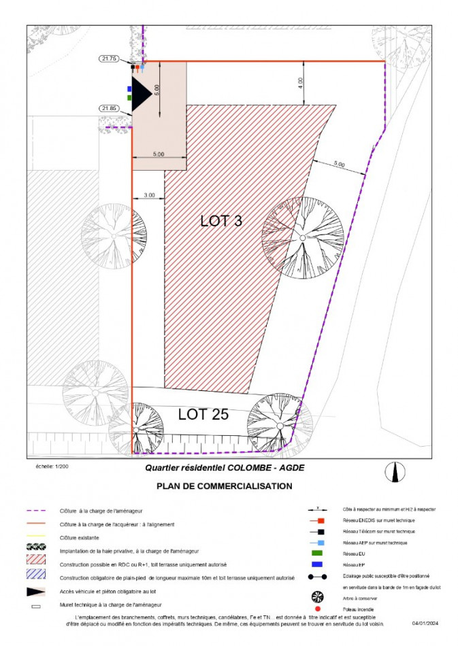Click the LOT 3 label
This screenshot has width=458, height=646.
click(x=222, y=221)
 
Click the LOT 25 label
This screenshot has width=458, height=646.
click(x=203, y=413)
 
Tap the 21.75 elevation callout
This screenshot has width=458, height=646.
click(x=108, y=59)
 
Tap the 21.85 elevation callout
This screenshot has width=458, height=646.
click(x=108, y=108)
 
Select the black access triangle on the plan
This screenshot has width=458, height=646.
click(x=140, y=93)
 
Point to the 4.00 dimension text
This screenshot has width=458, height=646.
click(x=301, y=82)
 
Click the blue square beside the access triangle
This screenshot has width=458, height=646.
click(x=129, y=88)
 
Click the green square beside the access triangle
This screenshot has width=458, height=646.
click(x=129, y=97)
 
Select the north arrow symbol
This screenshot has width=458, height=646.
click(x=394, y=471)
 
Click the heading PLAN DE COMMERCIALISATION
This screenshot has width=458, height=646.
click(x=224, y=486)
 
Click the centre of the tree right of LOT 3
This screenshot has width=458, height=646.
click(x=302, y=237)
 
